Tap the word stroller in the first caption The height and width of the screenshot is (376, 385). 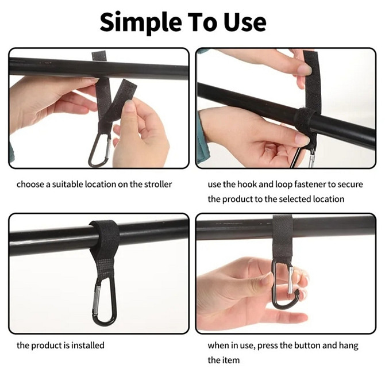pos(157,184)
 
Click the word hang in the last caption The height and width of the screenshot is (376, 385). pos(349,346)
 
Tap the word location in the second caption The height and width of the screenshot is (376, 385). pos(329,199)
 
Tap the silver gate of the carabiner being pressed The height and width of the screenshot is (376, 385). pos(290,280)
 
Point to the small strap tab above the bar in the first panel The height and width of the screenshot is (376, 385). pos(99,56)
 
